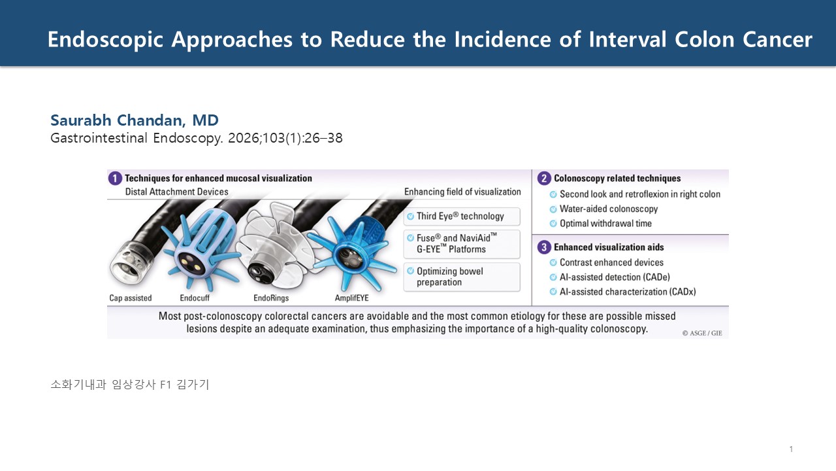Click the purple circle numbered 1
pos(115,179)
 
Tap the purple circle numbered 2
pos(544,179)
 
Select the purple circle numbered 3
pos(544,247)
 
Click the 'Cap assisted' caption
pos(131,298)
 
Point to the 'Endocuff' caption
pos(195,298)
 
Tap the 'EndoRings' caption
pos(271,298)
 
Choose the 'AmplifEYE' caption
pos(351,298)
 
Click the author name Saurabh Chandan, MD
pos(135,120)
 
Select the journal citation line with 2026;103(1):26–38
pos(197,138)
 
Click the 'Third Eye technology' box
pos(462,217)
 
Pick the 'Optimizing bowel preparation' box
pos(462,277)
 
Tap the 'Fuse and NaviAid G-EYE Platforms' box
pos(462,244)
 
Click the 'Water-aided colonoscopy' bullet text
pos(608,209)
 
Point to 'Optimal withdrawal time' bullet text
pos(605,224)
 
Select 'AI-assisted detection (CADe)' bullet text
pos(615,277)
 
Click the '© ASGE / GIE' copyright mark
pos(702,333)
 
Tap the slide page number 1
pos(791,449)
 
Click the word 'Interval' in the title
pos(628,39)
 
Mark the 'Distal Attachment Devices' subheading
pos(176,192)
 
